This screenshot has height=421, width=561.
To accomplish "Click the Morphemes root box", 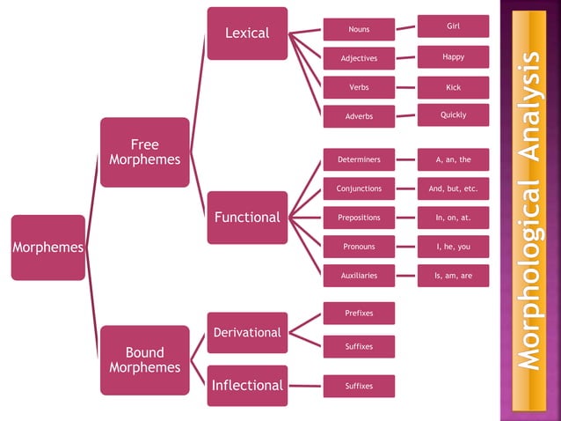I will tap(48, 247).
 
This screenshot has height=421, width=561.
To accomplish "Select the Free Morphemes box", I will tap(144, 152).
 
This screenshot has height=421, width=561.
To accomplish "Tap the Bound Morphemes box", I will tap(144, 360).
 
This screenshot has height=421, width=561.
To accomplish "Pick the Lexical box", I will tap(247, 33).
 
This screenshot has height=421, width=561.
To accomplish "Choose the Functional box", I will tap(247, 218).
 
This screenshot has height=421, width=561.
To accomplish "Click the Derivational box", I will tap(247, 333).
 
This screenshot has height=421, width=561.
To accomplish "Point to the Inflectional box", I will tap(247, 386).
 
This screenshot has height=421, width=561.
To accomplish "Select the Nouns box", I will tap(359, 30).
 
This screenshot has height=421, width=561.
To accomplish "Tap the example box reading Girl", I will tap(453, 26).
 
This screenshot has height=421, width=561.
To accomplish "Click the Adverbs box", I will tap(359, 116).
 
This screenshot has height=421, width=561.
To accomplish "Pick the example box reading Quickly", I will tap(453, 115).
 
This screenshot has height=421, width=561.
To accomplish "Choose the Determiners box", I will tap(359, 160).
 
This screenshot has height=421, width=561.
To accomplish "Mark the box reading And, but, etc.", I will tap(453, 188).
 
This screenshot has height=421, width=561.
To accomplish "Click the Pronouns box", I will tap(359, 247).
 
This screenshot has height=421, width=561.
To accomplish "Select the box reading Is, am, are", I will tap(453, 276).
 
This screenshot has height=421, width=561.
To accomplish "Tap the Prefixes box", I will tap(359, 313).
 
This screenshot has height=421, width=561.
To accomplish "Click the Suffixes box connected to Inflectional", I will tap(359, 386).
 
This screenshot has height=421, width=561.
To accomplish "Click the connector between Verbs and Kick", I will tap(405, 87).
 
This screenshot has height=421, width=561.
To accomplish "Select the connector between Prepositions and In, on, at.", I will tap(405, 218).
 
